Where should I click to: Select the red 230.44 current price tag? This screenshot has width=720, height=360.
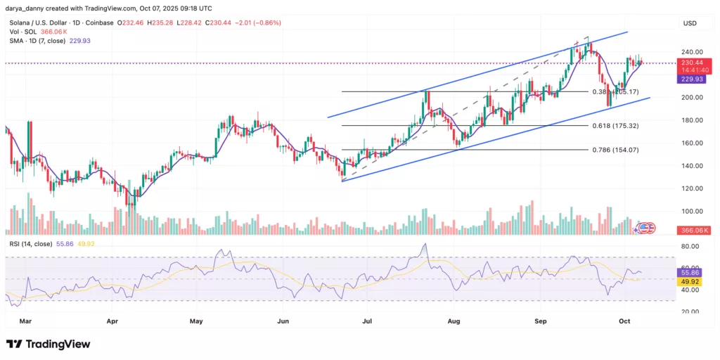(x=690, y=63)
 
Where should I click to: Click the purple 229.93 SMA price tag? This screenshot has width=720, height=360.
(x=690, y=79)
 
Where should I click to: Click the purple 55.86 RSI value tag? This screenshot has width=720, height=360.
(x=690, y=271)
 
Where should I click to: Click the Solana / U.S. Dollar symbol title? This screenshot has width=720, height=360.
(x=42, y=22)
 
